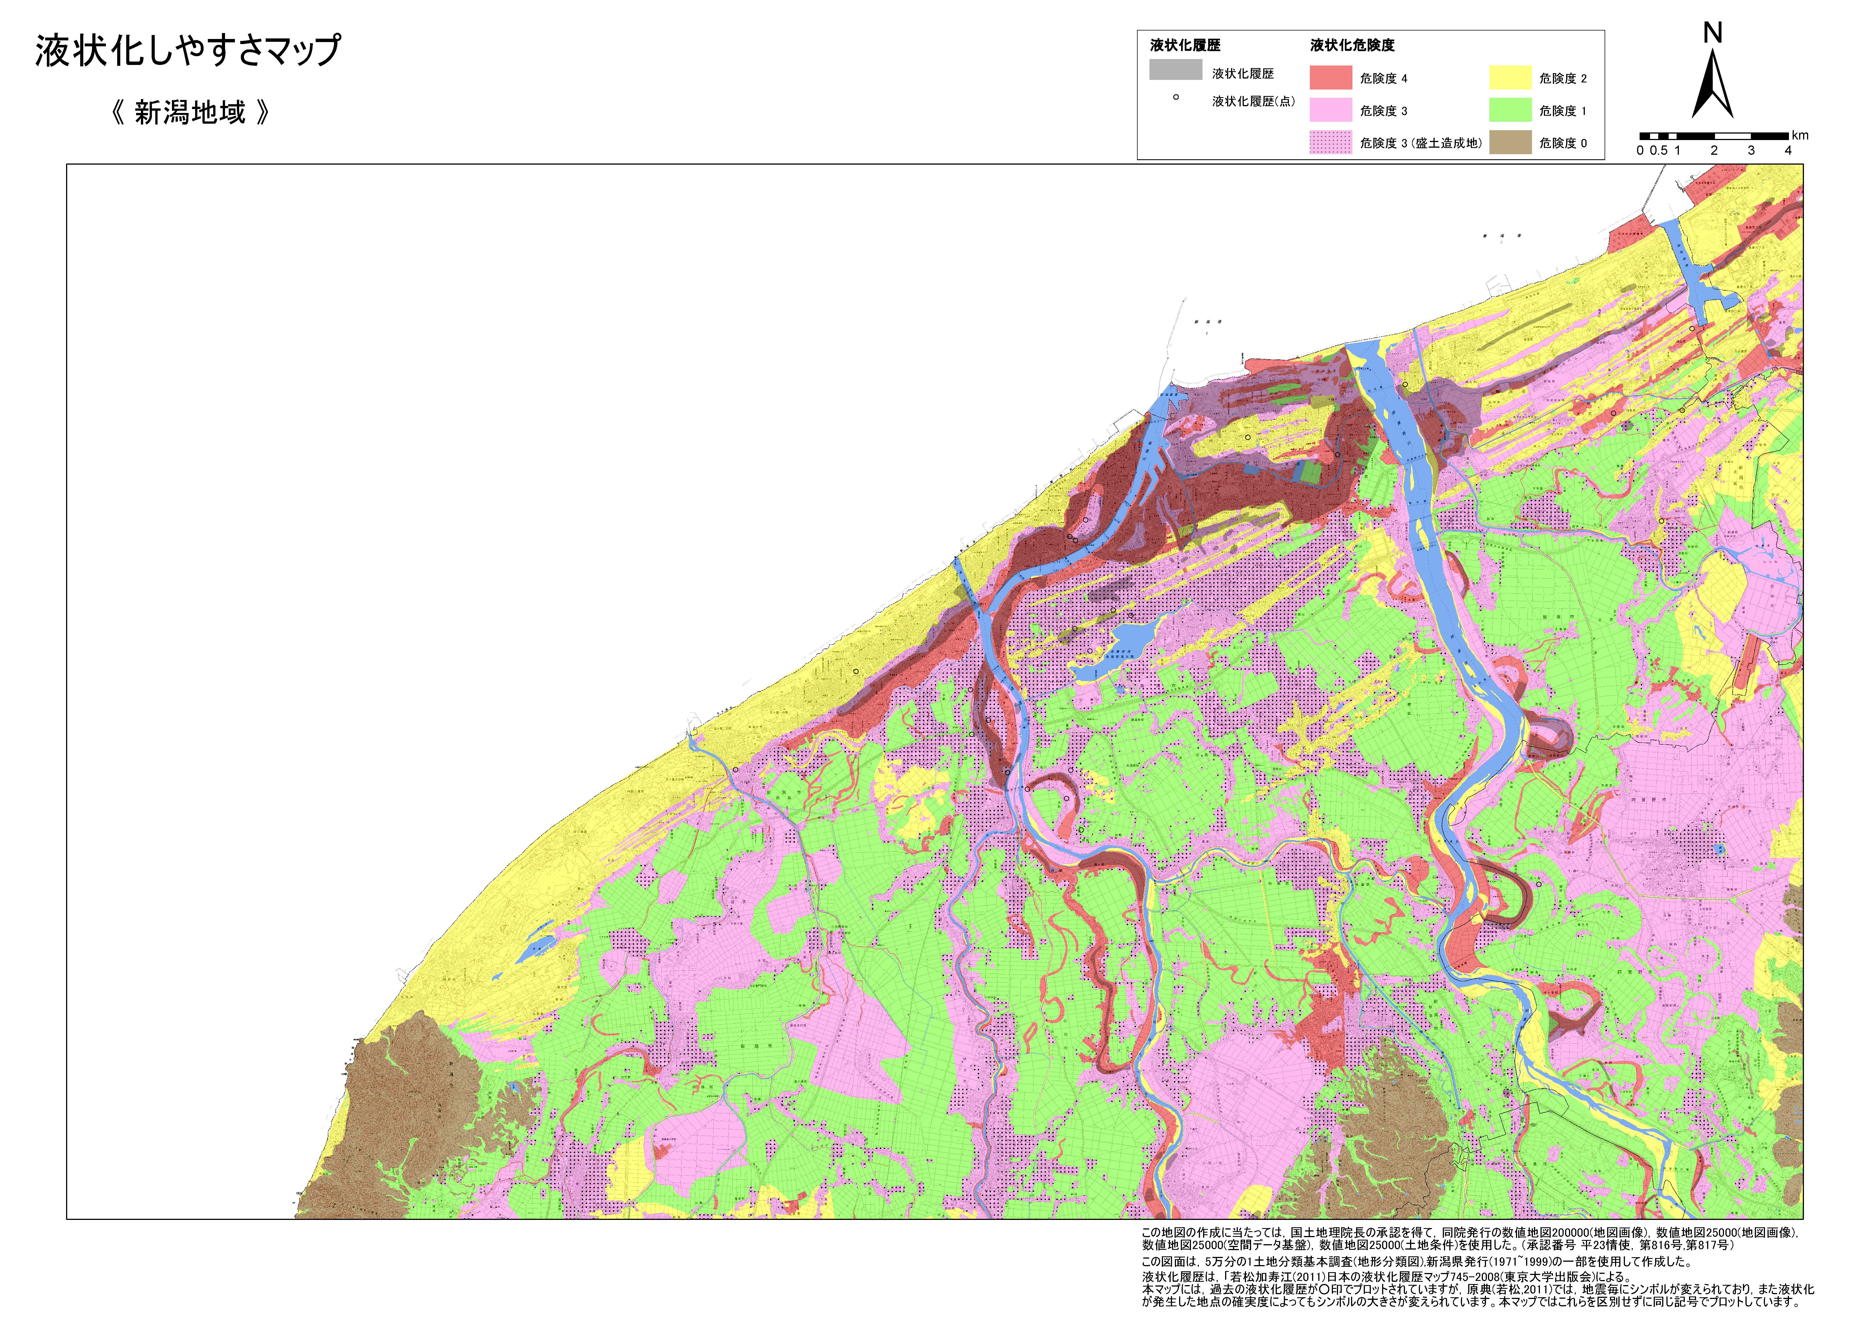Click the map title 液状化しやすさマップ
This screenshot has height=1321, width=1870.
click(187, 51)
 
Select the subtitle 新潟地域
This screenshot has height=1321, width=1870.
click(190, 112)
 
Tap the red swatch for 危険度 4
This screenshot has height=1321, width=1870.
click(1330, 78)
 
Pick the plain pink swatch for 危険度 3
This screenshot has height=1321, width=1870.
click(1330, 110)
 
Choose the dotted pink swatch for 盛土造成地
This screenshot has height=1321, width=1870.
click(1330, 143)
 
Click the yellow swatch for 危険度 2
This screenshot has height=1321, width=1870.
click(1510, 78)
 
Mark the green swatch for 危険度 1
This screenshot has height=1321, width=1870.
click(1510, 110)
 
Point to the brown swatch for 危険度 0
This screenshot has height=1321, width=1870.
click(1510, 143)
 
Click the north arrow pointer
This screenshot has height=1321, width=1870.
click(1712, 86)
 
